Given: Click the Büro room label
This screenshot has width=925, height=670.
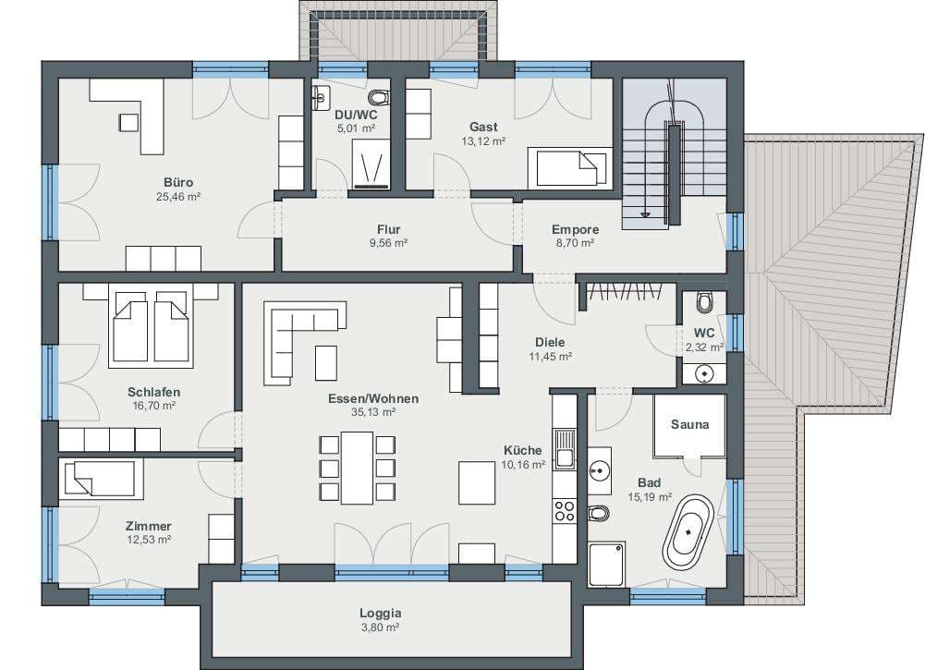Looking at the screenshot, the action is click(178, 183).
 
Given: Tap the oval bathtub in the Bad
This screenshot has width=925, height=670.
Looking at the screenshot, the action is click(688, 533).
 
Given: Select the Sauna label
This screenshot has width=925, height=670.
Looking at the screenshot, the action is click(689, 424).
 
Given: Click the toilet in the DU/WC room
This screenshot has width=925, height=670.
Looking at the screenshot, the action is click(379, 97).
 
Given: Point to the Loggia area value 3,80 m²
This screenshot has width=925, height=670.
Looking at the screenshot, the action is click(381, 627).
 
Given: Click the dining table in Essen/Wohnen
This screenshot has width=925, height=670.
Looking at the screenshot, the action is click(357, 468).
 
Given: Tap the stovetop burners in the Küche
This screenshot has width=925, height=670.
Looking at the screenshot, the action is click(565, 511).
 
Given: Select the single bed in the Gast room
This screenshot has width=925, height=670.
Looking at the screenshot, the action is click(567, 167).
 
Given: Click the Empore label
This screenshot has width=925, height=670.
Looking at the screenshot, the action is click(575, 229).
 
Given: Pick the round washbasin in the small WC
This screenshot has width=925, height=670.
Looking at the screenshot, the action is click(704, 374).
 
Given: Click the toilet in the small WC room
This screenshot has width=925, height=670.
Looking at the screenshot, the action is click(704, 302).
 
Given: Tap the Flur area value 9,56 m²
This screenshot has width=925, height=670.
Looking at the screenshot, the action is click(389, 243).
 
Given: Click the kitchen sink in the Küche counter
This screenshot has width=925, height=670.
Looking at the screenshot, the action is click(566, 449).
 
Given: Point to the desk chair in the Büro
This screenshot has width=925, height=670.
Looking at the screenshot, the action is click(128, 122).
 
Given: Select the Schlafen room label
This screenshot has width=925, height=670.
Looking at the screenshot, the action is click(154, 392).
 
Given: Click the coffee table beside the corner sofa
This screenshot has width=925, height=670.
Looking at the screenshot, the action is click(326, 362).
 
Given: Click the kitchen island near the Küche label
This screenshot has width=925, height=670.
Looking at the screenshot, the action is click(477, 482).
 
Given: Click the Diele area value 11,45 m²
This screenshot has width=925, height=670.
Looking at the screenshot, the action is click(551, 356).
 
